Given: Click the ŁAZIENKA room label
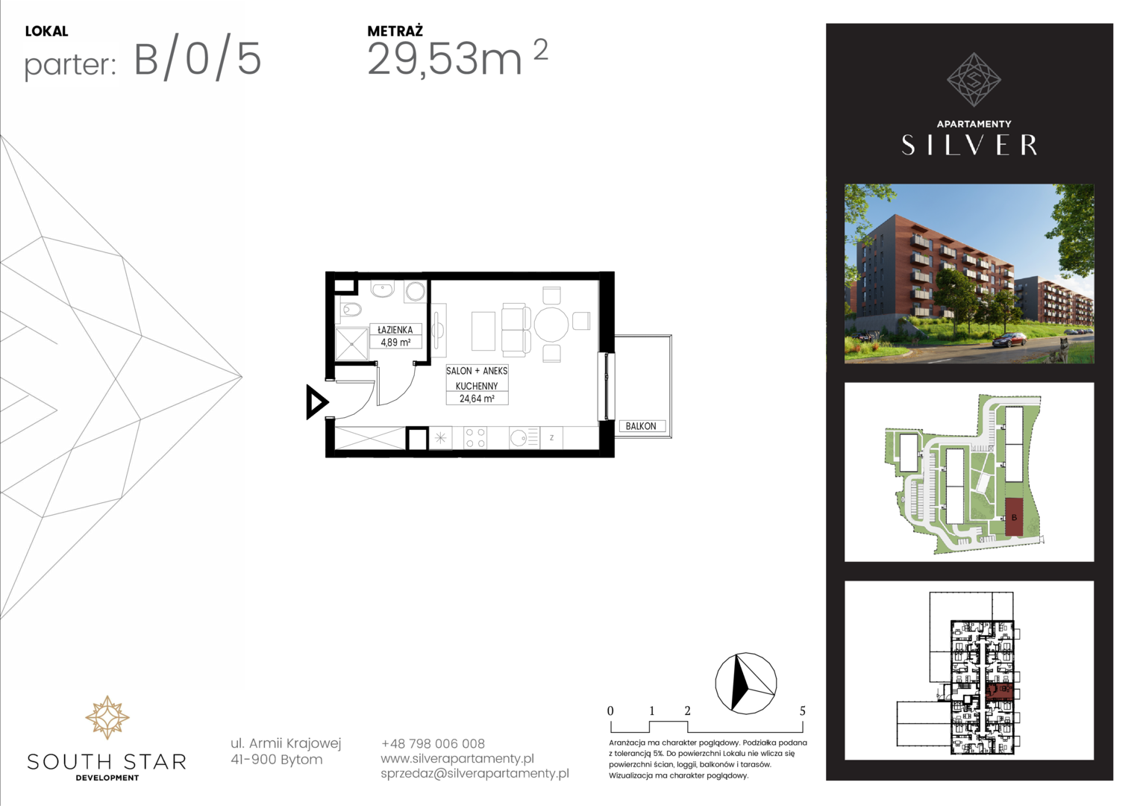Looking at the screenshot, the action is coord(395,330).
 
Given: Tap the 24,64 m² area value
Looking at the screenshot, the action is coord(477,399).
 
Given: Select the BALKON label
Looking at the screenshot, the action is coord(641,426).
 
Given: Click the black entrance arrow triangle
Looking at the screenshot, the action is coord(316,402).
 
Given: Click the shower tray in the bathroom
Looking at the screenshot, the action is coord(351,345).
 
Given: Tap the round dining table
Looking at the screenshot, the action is coord(551,324).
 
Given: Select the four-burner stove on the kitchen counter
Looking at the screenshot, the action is coord(475,438).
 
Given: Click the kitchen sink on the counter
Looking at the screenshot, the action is coord(524,438).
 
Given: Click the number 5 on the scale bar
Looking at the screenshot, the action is coord(803,710).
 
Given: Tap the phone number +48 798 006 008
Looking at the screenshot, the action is coord(433,744).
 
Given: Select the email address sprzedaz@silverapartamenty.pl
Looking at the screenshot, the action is coord(475,773).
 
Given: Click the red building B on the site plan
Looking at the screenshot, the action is coord(1014,516).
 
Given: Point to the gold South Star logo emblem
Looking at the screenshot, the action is coord(107,717).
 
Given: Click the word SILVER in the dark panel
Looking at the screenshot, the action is coord(969,145).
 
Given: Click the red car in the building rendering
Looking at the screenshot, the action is coord(1009,339).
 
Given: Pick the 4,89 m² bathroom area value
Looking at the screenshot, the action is coord(395,342).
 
